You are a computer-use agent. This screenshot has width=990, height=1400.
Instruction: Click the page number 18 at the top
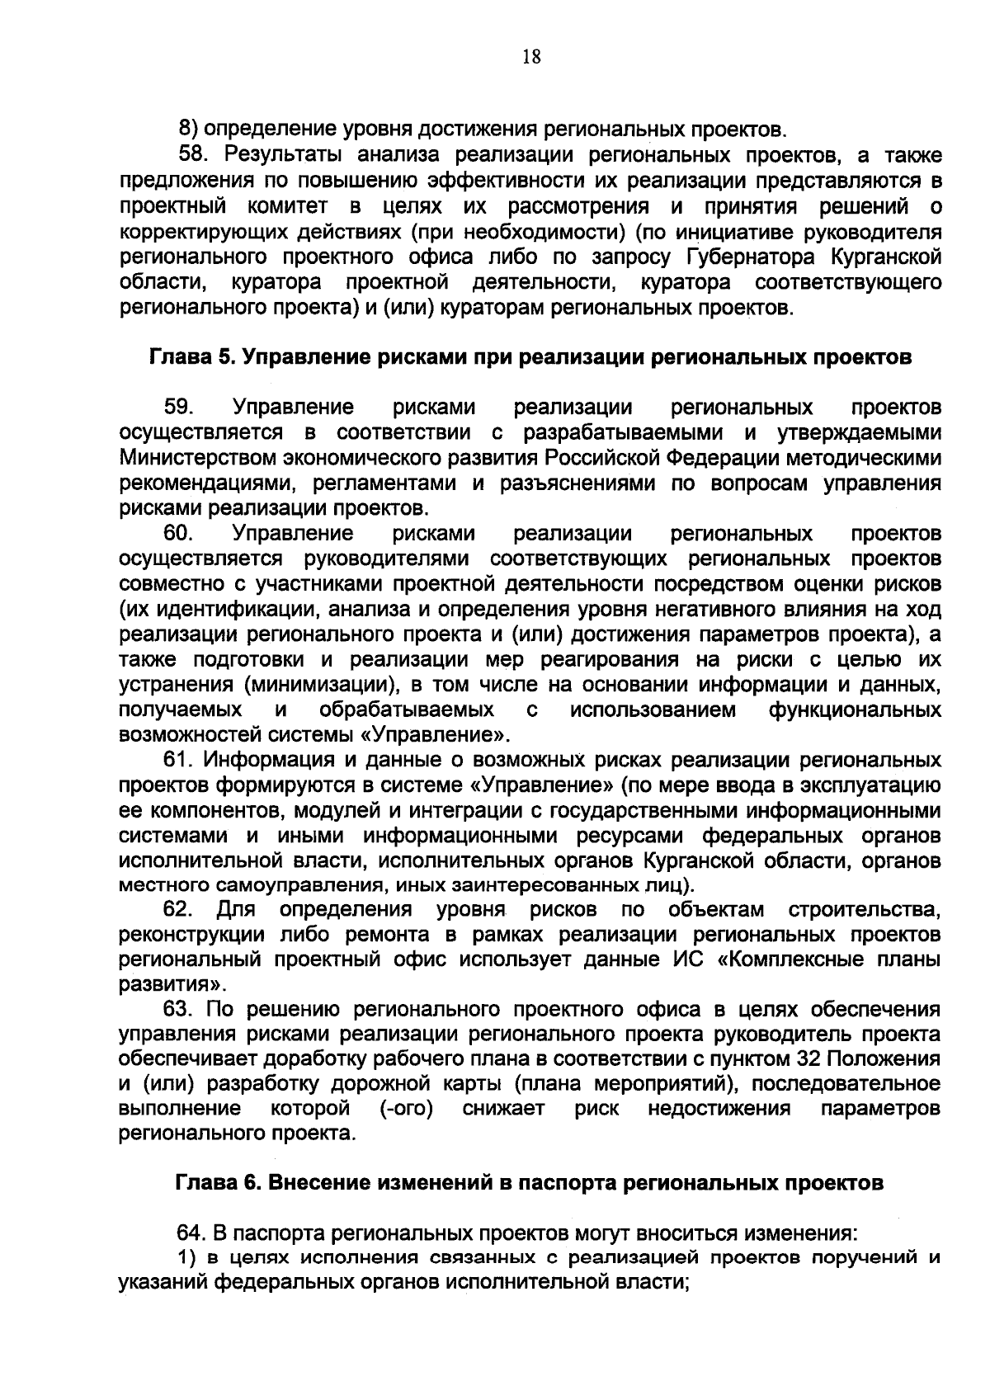coord(530,56)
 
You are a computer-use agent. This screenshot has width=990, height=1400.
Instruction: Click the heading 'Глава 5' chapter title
coord(530,357)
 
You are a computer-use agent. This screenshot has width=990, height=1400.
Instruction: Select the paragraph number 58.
coord(196,154)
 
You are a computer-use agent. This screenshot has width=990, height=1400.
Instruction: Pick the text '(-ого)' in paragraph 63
coord(407,1108)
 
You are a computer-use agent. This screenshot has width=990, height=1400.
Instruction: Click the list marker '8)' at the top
coord(188,129)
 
